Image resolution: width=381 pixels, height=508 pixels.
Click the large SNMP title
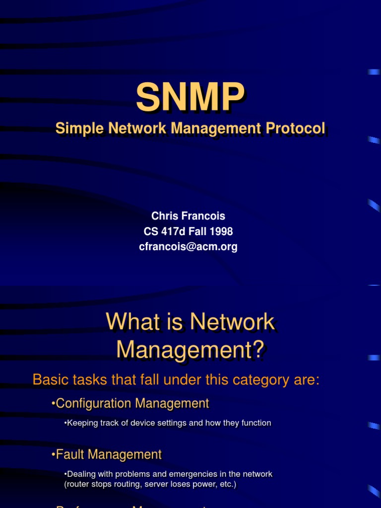click(x=190, y=97)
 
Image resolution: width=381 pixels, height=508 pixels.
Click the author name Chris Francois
click(x=188, y=216)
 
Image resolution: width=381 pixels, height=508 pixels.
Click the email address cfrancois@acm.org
click(x=188, y=247)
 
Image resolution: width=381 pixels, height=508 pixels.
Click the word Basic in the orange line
click(x=49, y=380)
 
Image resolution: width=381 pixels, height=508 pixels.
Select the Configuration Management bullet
click(x=130, y=403)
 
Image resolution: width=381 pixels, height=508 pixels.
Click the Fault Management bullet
click(x=106, y=454)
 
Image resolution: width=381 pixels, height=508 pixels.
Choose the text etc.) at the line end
click(x=227, y=484)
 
